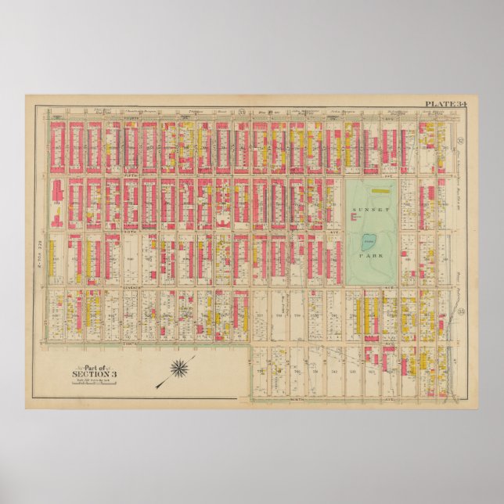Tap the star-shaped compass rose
[183, 367]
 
